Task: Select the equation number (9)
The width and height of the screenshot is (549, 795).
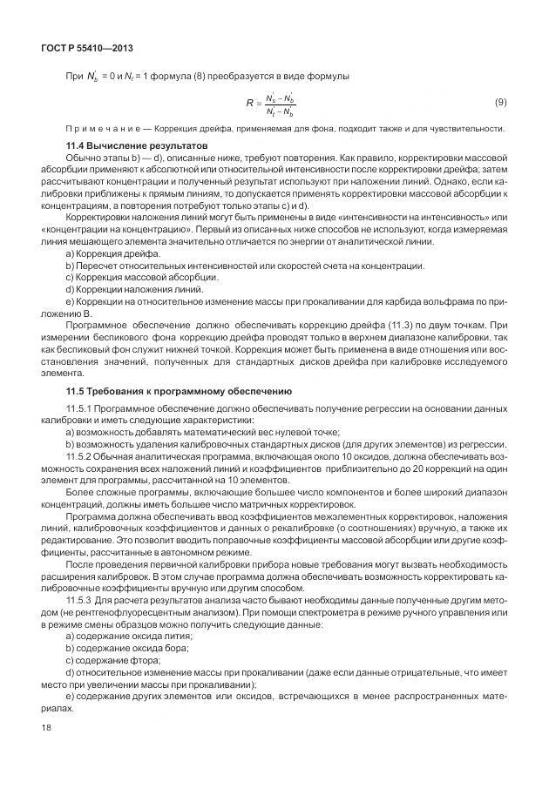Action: [x=501, y=103]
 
